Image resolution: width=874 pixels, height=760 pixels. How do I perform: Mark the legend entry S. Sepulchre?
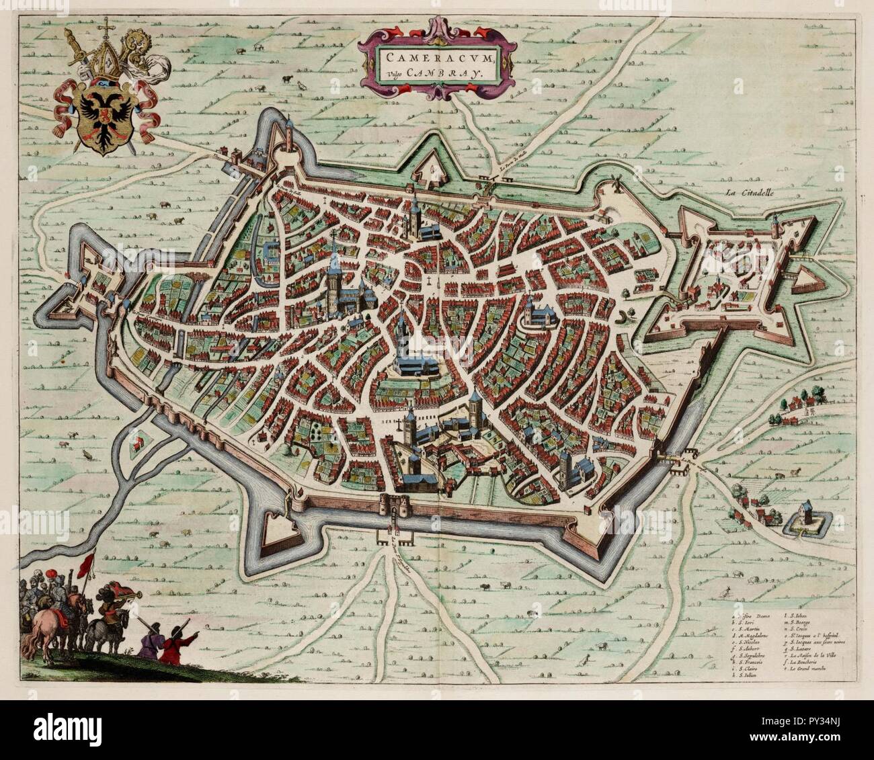click(x=752, y=655)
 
